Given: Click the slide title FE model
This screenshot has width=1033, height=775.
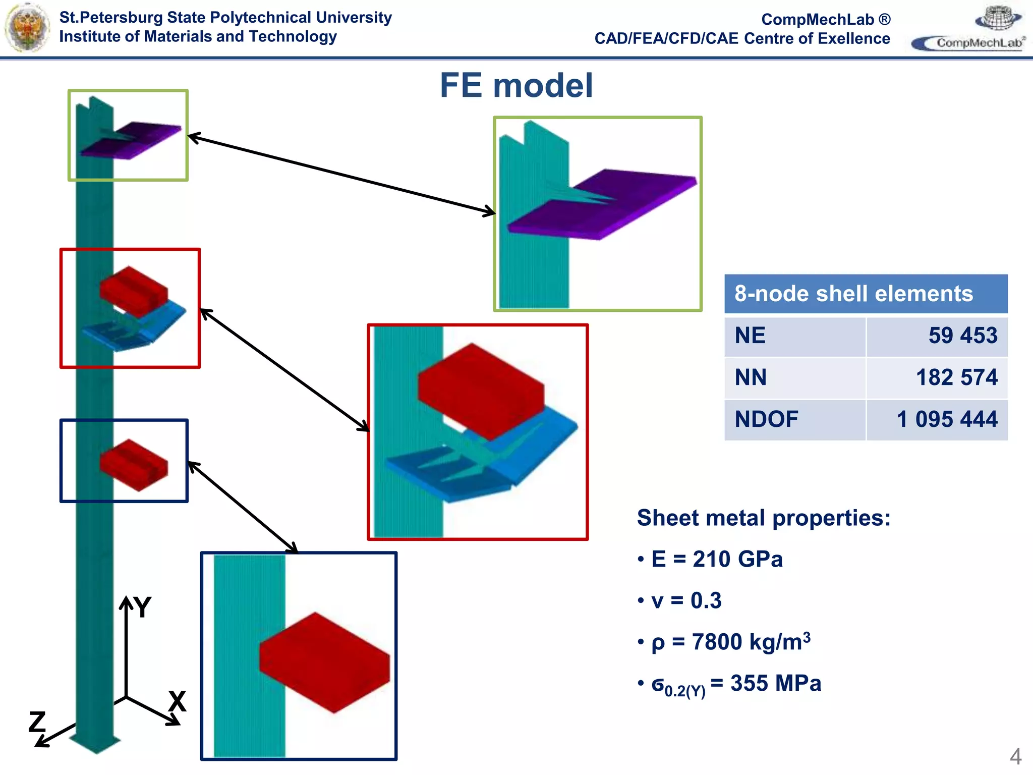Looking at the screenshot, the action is pos(516,85).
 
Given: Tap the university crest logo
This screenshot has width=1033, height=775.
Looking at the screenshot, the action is pos(27,28).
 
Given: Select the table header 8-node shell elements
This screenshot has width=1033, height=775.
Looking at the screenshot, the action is pos(853,294).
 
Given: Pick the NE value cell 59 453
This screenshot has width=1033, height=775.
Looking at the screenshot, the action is pos(963,336).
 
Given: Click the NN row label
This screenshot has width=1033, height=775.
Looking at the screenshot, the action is pos(751,377).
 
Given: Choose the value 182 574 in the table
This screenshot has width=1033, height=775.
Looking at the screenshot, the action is pos(957,377).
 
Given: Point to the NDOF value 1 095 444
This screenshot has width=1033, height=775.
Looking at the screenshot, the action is pos(947,419).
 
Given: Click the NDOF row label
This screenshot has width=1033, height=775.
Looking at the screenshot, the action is pos(766,419).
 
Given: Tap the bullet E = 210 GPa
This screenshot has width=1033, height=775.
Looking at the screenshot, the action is pos(710,559).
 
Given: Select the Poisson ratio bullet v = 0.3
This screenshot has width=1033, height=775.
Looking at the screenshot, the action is pos(679,600).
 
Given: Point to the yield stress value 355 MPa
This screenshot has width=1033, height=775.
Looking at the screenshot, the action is pos(776,683).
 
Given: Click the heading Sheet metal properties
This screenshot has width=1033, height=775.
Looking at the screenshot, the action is pos(764,518).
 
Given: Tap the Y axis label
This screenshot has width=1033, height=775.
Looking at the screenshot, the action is pos(143,607).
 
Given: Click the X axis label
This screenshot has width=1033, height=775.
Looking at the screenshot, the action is pos(177,701).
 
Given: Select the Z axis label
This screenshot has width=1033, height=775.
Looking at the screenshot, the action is pos(37,722).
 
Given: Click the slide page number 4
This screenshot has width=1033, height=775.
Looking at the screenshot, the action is pos(1015,757).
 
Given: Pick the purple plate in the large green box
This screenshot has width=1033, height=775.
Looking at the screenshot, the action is pos(603,204).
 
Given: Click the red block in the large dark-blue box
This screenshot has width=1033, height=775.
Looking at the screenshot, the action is pos(325,662).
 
